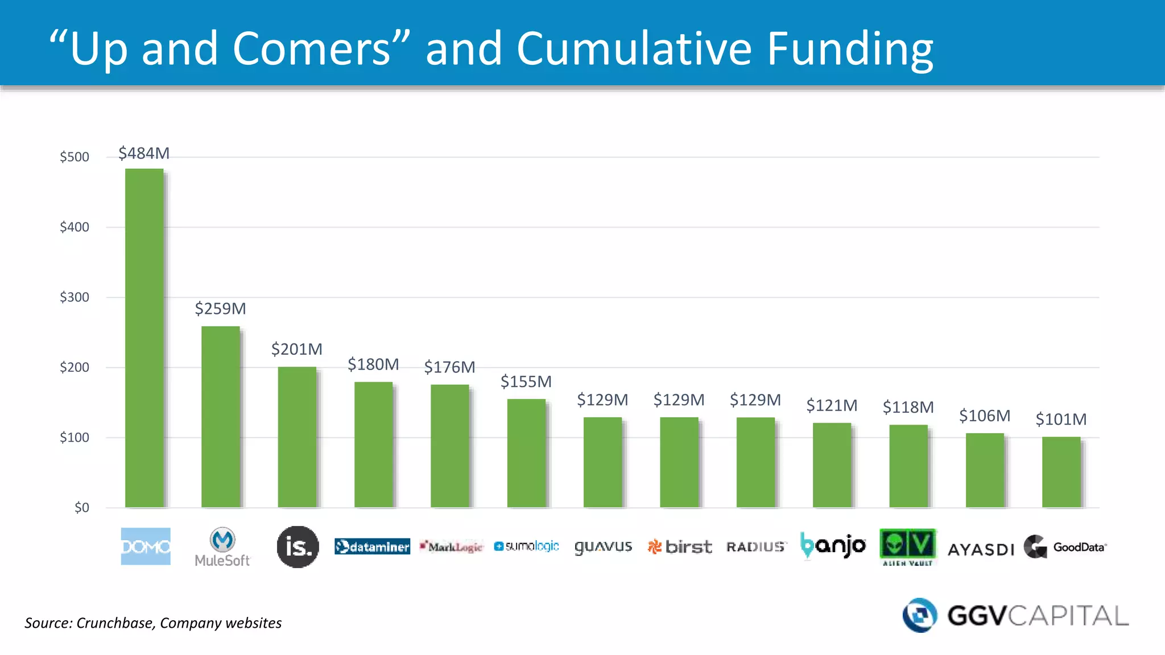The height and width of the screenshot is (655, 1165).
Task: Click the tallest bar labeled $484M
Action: point(144,338)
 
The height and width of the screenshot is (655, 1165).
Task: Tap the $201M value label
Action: point(296,349)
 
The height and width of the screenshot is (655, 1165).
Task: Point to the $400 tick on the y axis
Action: point(75,227)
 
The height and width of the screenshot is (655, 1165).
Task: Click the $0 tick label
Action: point(81,507)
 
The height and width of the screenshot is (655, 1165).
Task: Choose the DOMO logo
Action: point(146,546)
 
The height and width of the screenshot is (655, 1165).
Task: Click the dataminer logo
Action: point(372,546)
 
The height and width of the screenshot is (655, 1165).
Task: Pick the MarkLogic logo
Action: point(451,546)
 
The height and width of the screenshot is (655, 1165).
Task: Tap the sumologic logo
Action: point(526,546)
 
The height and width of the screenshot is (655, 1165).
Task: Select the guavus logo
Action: point(603,546)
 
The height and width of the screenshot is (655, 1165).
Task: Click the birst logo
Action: point(679,546)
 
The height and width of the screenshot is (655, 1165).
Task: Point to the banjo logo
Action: point(832,546)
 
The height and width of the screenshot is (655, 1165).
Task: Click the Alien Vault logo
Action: point(907,546)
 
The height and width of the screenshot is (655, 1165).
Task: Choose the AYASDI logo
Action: point(981,549)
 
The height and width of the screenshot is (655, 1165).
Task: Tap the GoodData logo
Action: point(1065,547)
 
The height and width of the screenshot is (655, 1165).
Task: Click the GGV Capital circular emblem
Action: point(919,615)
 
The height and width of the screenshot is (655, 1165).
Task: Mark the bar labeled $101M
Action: point(1061,472)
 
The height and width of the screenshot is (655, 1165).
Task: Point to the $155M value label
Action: point(526,382)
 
